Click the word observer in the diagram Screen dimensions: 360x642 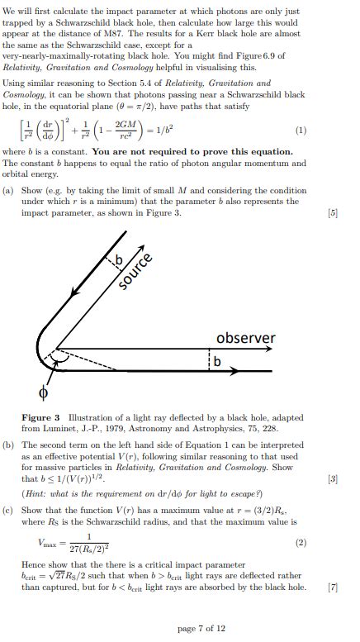(245, 338)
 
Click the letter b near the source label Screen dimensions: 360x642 (118, 262)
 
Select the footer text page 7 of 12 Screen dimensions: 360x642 (201, 628)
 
